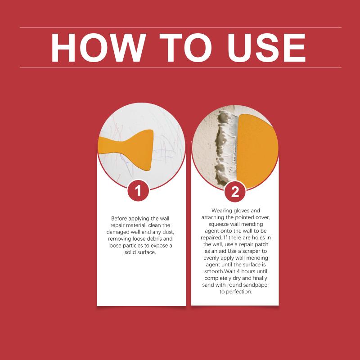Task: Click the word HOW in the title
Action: coord(99,48)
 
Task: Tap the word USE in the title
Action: coord(266,48)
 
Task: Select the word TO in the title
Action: coord(185,48)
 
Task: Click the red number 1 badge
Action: coord(138,190)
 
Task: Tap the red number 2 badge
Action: coord(235,192)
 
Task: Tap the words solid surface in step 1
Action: coord(140,252)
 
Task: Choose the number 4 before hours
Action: coord(238,271)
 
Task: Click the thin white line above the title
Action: coord(181,28)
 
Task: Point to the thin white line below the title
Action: coord(181,68)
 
